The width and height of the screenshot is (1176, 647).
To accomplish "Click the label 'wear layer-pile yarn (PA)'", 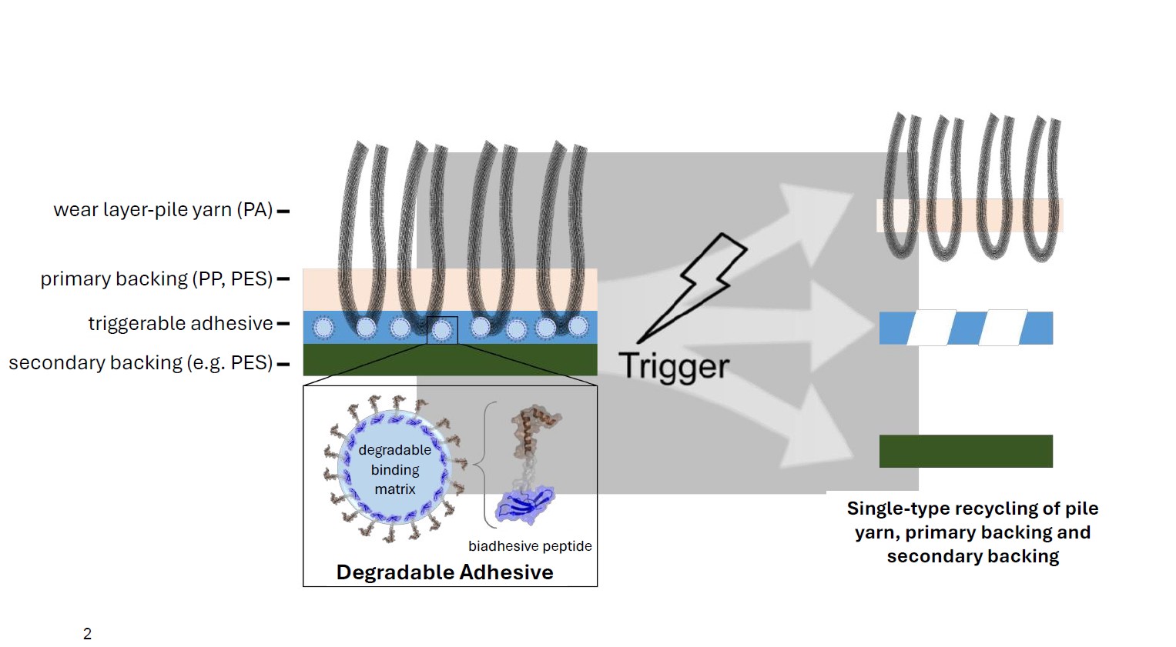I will (162, 210).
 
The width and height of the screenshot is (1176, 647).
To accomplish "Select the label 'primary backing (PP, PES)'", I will (156, 278).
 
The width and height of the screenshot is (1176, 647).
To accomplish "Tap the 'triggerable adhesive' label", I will (180, 323).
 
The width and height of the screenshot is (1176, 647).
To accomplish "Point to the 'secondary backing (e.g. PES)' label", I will (141, 362).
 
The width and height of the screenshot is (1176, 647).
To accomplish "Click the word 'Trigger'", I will (673, 366).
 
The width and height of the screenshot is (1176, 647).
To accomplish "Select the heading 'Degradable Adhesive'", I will (444, 572).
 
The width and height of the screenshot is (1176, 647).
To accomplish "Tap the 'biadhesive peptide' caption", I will (530, 546).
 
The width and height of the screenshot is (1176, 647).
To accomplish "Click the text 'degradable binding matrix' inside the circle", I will (394, 469).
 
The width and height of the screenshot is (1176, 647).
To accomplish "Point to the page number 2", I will (87, 634).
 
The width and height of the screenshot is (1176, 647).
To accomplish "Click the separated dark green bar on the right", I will (966, 451).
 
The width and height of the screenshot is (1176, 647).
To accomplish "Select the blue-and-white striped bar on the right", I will (966, 328).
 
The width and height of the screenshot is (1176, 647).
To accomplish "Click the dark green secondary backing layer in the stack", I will (450, 360).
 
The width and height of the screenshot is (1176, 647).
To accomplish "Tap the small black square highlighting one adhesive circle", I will (442, 330).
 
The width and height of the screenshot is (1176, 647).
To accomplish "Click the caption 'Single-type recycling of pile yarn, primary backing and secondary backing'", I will (972, 532).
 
